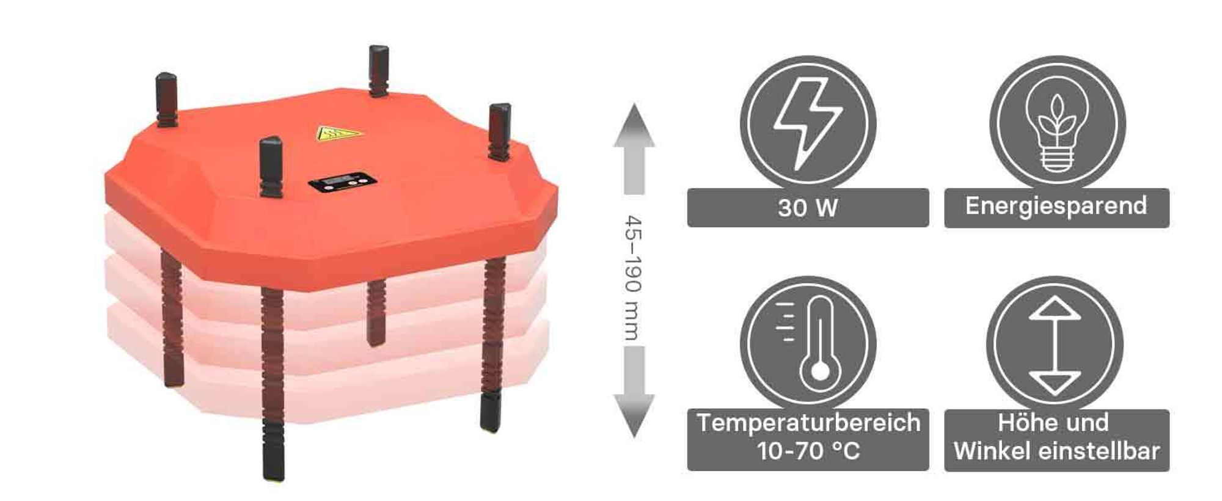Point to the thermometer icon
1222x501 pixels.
click(813, 345)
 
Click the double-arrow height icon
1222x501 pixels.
click(1055, 346)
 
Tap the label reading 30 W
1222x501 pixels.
click(808, 208)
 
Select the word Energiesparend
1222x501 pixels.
click(1056, 206)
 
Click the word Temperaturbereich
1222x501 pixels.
click(808, 422)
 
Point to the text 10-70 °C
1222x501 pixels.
click(808, 452)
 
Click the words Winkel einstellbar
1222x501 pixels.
click(1056, 452)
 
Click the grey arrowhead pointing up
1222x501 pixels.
click(634, 125)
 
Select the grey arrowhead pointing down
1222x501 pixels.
click(634, 415)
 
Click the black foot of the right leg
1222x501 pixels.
click(490, 412)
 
